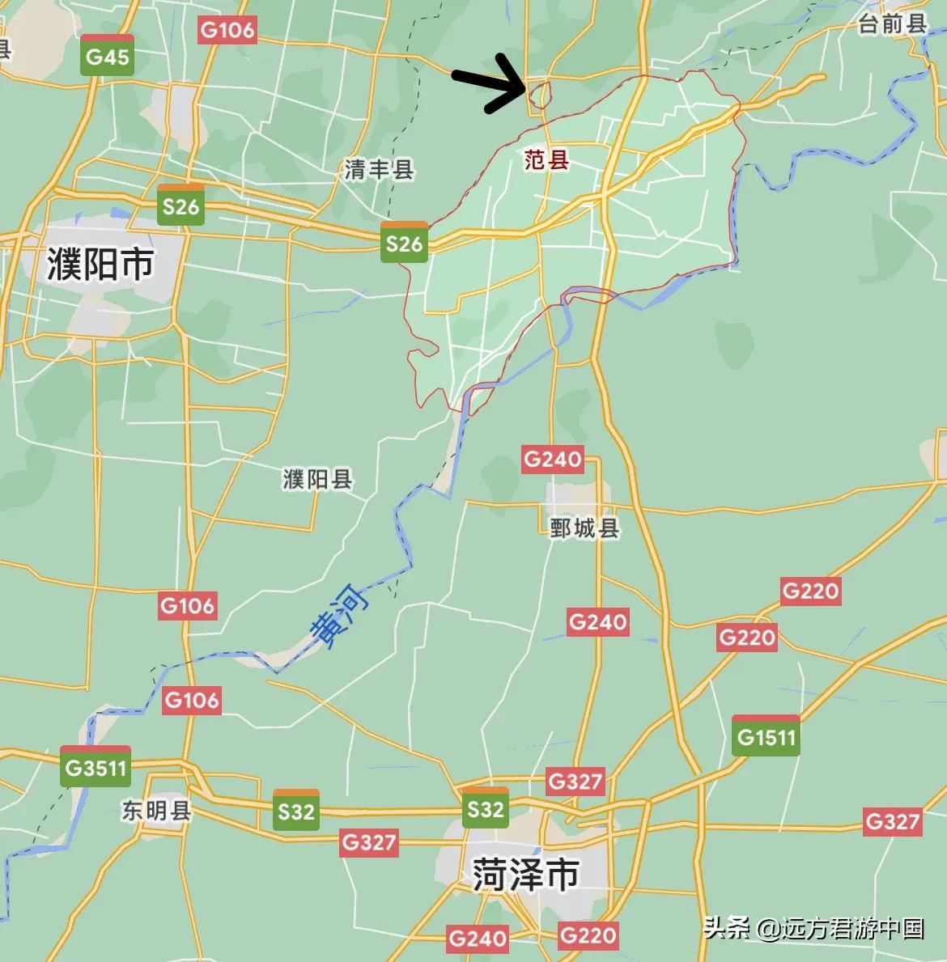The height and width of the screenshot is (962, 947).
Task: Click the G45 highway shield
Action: point(108,56)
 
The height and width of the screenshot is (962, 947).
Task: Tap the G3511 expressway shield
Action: point(96,766)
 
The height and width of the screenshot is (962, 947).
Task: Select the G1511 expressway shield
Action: point(766,736)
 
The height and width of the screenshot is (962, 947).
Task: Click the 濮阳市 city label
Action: point(100,264)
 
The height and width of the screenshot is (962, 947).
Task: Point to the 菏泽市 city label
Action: point(525,875)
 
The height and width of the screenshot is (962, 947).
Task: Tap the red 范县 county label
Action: point(546,160)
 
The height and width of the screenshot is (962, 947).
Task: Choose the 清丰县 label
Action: point(379,170)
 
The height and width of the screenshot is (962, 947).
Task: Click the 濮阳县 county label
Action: point(317,480)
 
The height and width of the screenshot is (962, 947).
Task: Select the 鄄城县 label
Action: point(584,528)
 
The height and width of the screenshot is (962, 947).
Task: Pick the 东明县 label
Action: point(156,811)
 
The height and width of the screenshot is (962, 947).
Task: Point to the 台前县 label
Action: point(892,24)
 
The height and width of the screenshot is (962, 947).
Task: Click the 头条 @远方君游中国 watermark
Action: point(813,927)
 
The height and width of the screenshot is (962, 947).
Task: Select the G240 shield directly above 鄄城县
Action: point(553,460)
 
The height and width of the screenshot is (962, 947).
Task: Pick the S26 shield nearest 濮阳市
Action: point(180,206)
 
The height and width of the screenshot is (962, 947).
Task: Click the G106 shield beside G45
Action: point(227,31)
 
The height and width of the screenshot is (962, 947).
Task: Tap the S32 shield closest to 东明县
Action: point(295,810)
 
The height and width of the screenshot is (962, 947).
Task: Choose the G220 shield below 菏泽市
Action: point(588,936)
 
